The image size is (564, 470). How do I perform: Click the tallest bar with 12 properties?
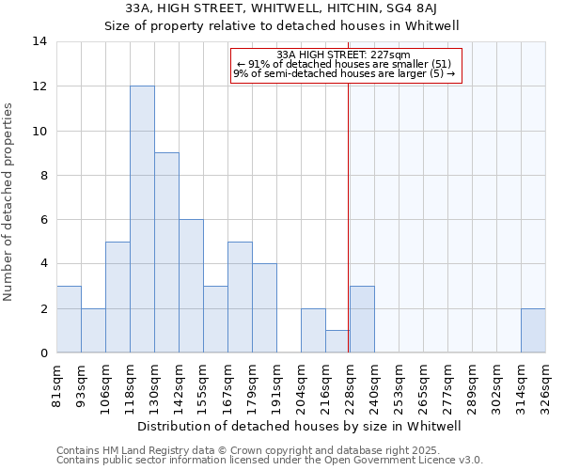click(x=142, y=219)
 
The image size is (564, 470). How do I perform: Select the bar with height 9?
click(x=166, y=253)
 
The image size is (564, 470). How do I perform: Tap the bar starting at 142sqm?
click(x=191, y=286)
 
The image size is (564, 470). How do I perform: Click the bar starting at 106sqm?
click(x=117, y=297)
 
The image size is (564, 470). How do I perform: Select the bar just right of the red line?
click(x=362, y=320)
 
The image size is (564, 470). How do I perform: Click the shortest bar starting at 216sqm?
click(x=337, y=342)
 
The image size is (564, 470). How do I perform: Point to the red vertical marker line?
click(x=349, y=207)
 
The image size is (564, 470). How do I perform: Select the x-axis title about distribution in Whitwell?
click(x=301, y=426)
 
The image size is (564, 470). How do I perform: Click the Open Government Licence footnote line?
click(x=270, y=460)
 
